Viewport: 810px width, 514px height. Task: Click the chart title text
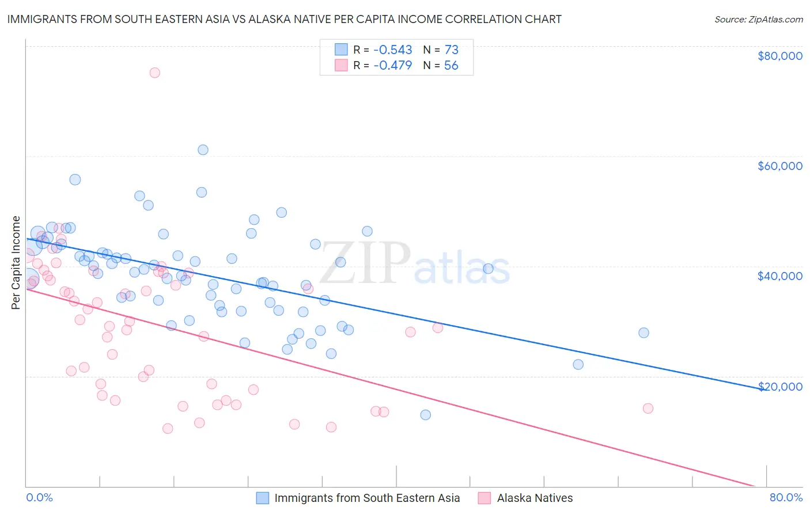(284, 19)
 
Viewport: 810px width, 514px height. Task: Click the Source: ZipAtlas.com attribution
(758, 19)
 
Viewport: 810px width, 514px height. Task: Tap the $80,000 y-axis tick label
(779, 56)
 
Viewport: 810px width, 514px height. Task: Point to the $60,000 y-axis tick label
(779, 166)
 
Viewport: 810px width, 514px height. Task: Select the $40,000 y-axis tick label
(779, 276)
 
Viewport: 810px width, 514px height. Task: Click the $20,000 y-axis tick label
(779, 386)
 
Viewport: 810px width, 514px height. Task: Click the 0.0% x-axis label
(39, 497)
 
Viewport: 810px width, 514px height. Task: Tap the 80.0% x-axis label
(786, 497)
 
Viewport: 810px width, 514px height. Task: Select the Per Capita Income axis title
(16, 262)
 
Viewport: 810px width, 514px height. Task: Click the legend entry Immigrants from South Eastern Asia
(367, 498)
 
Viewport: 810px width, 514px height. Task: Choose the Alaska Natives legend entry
(535, 498)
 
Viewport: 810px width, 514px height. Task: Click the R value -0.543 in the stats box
(393, 50)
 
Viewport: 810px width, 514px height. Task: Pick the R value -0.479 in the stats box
(393, 65)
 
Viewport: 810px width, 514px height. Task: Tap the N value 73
(451, 50)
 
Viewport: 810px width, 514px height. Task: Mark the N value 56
(451, 65)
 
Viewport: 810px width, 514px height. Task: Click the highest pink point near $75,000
(154, 73)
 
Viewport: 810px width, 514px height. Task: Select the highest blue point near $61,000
(203, 150)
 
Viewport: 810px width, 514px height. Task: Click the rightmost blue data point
(644, 332)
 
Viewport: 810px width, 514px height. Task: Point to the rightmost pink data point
(648, 409)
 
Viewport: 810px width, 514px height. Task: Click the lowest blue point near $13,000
(425, 415)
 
